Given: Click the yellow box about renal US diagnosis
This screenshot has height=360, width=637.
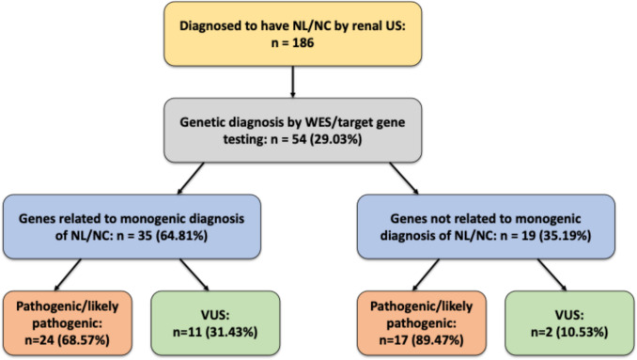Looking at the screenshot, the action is point(292,34).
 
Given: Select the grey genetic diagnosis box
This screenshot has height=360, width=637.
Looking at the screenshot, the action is point(292,130).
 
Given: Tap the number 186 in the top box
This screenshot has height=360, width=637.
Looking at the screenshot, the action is point(303,42).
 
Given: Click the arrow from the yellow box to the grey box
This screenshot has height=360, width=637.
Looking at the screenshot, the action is point(292,82).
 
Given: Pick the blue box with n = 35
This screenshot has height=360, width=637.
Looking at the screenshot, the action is point(132,227).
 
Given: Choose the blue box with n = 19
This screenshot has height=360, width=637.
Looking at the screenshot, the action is point(486,227).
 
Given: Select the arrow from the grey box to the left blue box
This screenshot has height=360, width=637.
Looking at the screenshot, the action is point(191,179).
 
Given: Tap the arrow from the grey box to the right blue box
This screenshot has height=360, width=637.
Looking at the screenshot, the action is point(404,179).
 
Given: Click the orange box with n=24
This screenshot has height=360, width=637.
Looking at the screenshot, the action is point(68,323).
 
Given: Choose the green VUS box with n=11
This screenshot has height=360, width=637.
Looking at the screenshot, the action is point(215,323).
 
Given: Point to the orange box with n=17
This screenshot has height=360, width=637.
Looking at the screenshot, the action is point(422,323).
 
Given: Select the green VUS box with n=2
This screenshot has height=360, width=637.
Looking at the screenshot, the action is point(569,323).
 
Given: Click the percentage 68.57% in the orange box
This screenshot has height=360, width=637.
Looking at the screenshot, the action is point(85,339).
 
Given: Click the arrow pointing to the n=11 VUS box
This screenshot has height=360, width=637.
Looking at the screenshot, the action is point(194,275).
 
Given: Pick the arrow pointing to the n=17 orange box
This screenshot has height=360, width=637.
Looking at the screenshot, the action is point(426,275).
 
